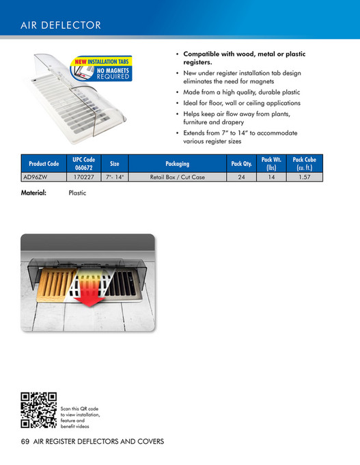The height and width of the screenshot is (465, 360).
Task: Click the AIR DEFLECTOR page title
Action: tap(61, 26)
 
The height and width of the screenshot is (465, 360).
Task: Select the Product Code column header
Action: tap(44, 164)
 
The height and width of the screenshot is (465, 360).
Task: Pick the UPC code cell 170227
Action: tap(83, 176)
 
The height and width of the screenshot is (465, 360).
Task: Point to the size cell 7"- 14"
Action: tap(115, 176)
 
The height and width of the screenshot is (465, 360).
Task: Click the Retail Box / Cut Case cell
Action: tap(177, 176)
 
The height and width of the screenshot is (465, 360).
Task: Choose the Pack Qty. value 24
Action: tap(241, 176)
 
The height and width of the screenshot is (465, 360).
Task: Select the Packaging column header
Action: tap(177, 164)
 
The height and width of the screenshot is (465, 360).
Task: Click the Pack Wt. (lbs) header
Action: tap(271, 164)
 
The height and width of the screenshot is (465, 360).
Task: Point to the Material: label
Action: tap(33, 193)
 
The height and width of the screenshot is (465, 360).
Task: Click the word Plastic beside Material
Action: tap(77, 193)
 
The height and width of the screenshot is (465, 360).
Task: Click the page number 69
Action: tap(26, 442)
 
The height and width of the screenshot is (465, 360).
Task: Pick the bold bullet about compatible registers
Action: tap(244, 58)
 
